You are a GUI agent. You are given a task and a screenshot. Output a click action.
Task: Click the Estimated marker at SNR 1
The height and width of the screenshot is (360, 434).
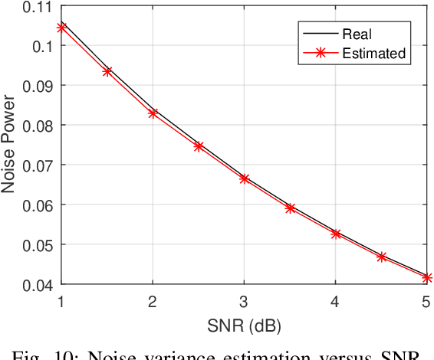coord(62,28)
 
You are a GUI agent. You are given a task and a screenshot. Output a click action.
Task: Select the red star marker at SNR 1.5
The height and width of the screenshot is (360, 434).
coord(107,71)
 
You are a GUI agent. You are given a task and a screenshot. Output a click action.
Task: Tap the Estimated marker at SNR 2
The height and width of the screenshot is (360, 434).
coord(153,113)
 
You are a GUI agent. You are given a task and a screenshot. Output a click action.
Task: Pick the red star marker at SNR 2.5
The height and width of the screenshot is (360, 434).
coord(199,146)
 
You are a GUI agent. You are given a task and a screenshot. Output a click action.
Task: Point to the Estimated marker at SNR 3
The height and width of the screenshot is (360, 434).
coord(245,178)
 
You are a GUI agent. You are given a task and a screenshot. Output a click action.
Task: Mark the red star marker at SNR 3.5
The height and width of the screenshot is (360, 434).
coord(291,208)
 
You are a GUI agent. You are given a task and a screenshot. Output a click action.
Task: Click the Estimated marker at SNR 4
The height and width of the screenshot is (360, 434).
coord(336,234)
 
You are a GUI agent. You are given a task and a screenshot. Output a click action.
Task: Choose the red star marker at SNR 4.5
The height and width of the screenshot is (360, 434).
coord(382,257)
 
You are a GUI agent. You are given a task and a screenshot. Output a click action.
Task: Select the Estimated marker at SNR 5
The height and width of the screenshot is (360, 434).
coord(427,277)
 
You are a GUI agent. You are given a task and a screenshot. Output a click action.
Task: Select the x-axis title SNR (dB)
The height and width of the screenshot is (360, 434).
coord(245,326)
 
